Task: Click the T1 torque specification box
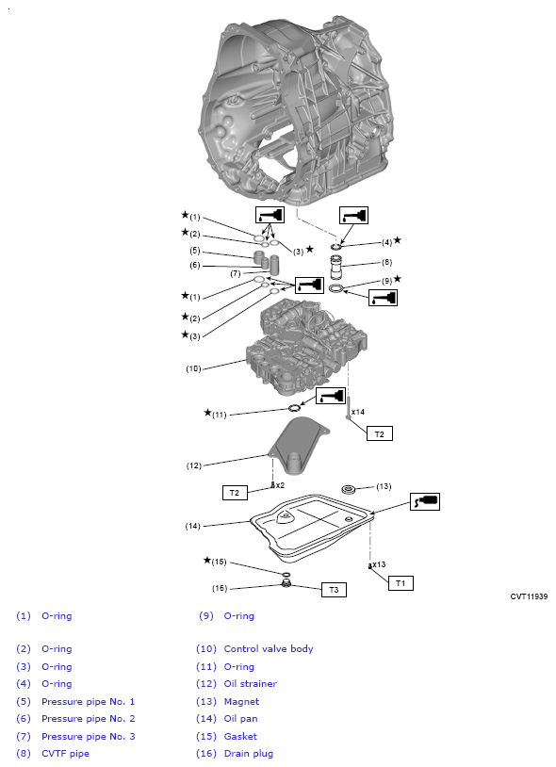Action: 401,583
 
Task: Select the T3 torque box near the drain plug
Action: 334,590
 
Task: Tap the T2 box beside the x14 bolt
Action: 379,433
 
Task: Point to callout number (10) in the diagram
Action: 193,368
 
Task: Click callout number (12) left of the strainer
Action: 193,465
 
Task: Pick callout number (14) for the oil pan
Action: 193,525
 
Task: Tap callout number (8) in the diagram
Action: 386,262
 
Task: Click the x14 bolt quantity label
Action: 358,412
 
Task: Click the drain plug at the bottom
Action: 286,589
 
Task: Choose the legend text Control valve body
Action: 269,648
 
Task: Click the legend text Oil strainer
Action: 250,683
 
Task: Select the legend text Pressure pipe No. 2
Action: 88,718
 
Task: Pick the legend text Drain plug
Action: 248,753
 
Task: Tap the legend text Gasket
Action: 240,736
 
